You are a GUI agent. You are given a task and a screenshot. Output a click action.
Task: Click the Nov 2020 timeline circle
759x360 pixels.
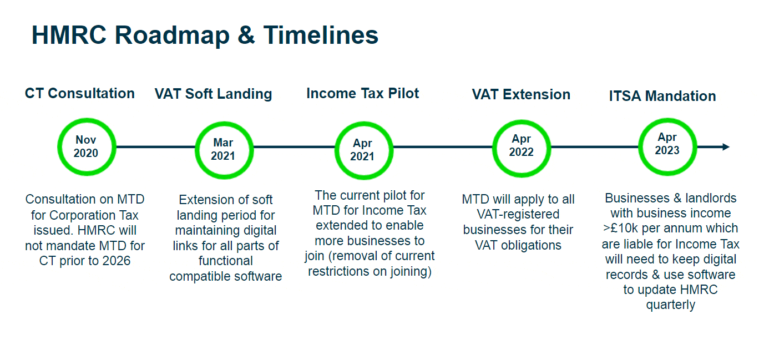point(86,146)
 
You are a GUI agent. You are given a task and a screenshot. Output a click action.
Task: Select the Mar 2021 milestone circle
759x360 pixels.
point(223,149)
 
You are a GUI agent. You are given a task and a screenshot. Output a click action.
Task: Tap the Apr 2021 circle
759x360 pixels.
point(362,150)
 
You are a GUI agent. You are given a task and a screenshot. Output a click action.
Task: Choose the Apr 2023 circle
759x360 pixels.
point(667,144)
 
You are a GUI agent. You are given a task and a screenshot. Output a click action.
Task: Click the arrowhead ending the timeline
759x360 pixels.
point(726,147)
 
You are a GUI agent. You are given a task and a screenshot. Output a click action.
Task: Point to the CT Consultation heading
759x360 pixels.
point(80,93)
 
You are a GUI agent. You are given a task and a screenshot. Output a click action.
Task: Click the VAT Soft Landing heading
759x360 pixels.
point(213,94)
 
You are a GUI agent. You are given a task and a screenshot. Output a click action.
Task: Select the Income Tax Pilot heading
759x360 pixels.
point(363,93)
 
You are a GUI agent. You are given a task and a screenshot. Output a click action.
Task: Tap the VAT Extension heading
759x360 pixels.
point(521,94)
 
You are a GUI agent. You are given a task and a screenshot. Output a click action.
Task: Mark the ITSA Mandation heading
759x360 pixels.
point(662,96)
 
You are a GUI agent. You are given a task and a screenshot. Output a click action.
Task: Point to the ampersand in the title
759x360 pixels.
point(246,35)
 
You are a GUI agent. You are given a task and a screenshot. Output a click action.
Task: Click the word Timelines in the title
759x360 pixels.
point(321,35)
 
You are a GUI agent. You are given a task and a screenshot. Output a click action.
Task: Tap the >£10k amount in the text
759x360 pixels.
point(621,228)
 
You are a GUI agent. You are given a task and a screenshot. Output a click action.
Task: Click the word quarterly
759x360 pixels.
point(670,305)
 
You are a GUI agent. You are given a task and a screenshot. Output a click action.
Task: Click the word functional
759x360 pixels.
point(225,261)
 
